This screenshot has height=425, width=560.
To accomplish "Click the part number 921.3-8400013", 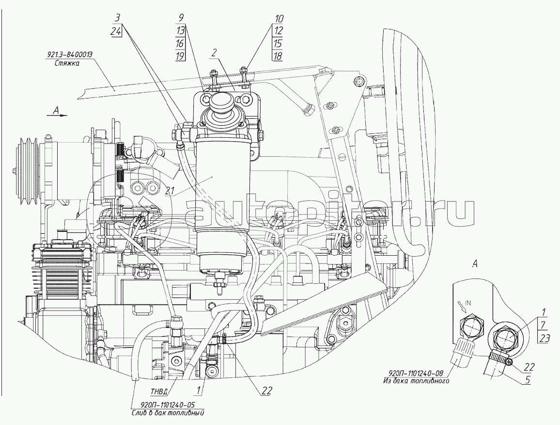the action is pos(70,55).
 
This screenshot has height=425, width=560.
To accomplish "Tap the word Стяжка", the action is pos(67,64).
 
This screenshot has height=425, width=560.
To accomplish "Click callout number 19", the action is pos(180,56).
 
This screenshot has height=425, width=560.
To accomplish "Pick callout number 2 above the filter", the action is pos(214,53).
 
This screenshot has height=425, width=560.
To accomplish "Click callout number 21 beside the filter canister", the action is pos(171,191).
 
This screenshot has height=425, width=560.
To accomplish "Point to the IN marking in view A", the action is pos(468,303).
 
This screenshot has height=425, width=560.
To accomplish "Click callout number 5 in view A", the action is pos(527,379).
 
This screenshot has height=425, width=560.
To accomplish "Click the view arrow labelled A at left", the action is pos(57,113).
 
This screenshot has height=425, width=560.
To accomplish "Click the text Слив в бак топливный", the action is pos(168,413).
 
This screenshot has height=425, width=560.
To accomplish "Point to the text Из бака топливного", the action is pos(416,381).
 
